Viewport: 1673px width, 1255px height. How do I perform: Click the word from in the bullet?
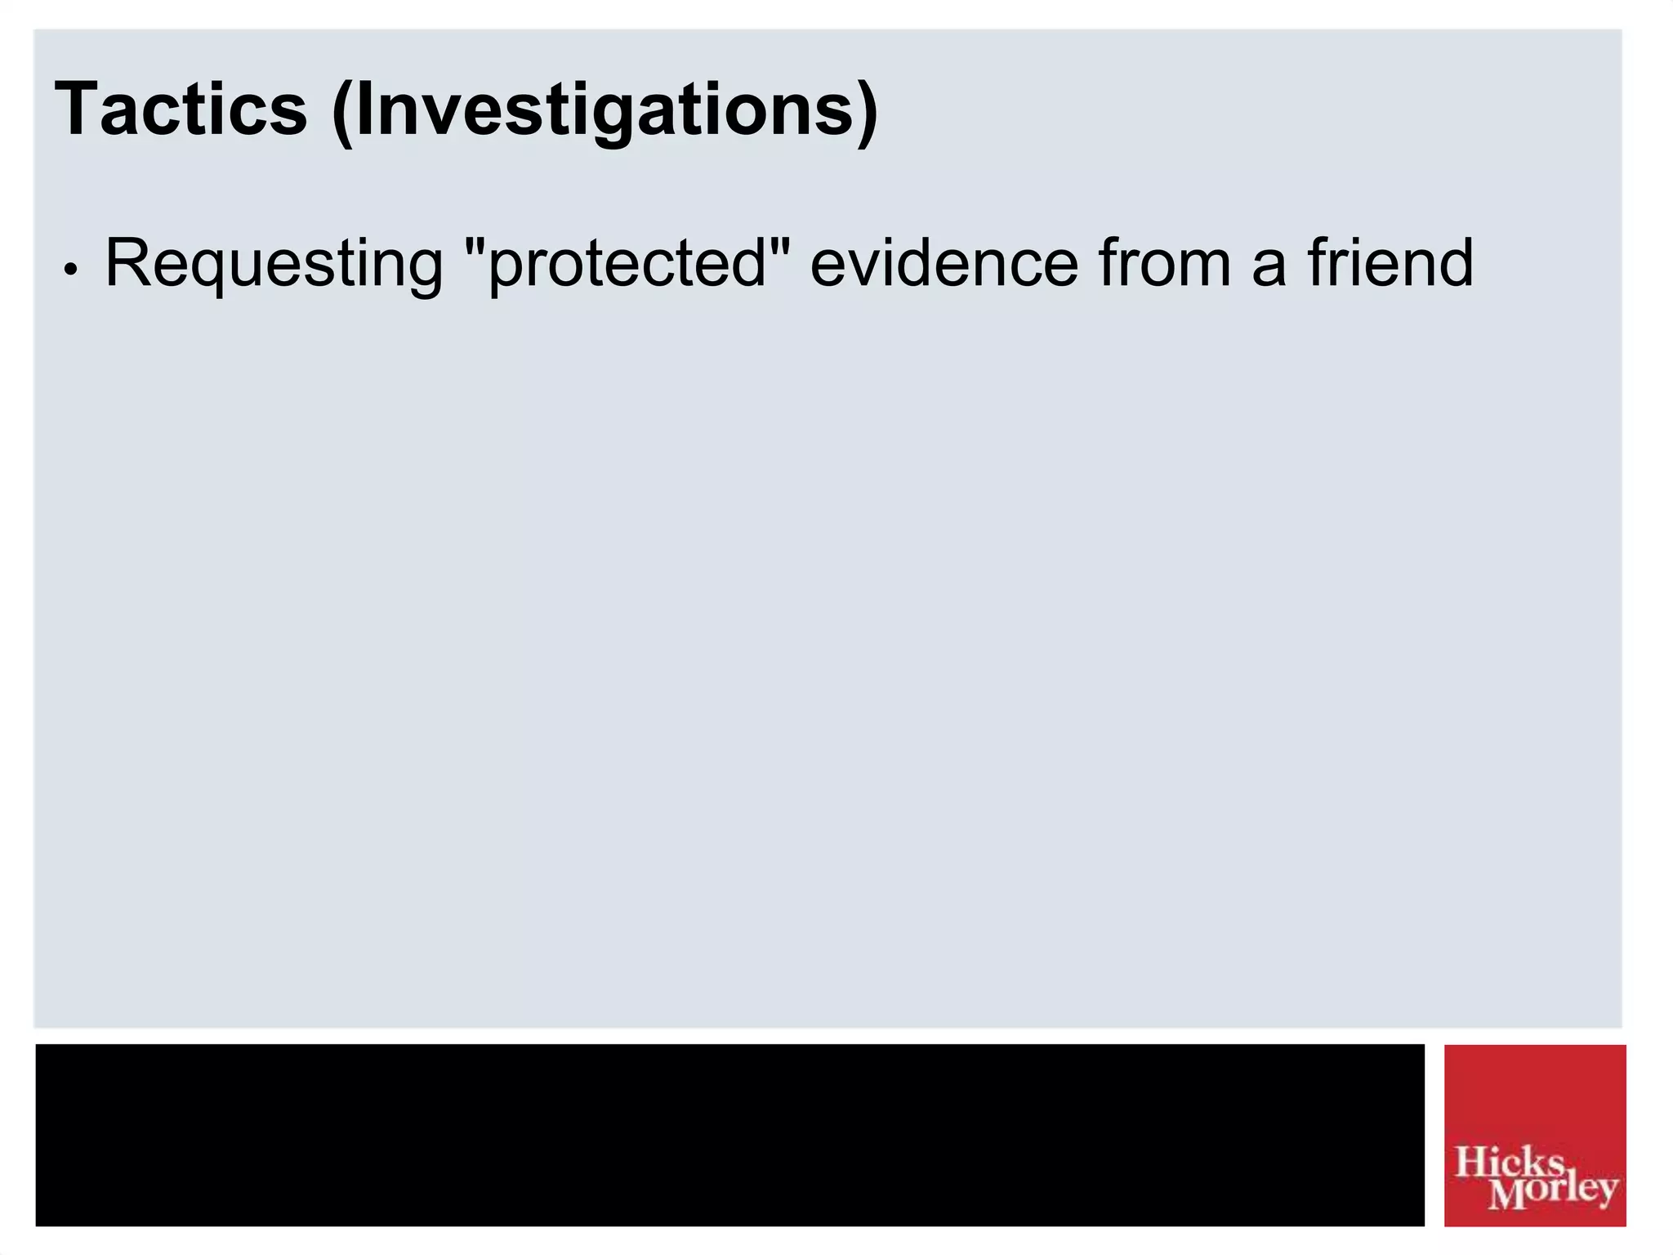(x=1164, y=263)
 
